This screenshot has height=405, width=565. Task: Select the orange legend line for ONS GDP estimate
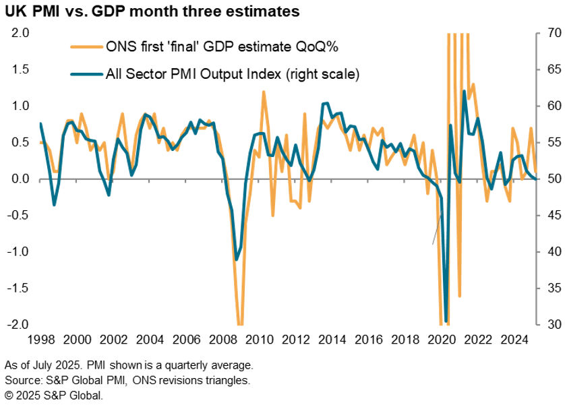(x=86, y=47)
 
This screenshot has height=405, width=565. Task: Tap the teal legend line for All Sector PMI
(x=86, y=74)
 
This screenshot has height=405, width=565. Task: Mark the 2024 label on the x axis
(x=517, y=339)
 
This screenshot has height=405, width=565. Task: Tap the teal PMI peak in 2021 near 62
(x=465, y=91)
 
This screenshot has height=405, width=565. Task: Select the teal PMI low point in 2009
(x=237, y=259)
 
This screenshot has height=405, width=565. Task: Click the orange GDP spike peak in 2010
(x=263, y=92)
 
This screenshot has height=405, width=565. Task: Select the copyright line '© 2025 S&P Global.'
(x=54, y=396)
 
